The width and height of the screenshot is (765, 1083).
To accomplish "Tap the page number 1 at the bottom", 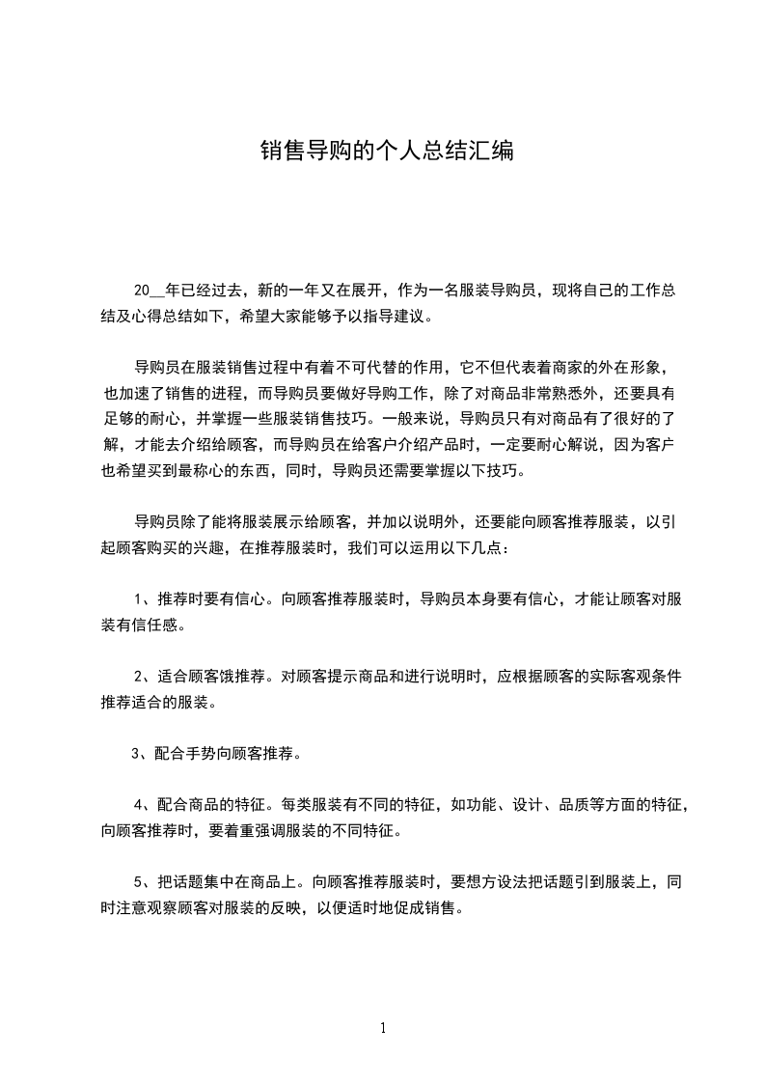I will pyautogui.click(x=383, y=1028).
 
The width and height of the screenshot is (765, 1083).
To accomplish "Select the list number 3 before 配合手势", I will pyautogui.click(x=135, y=753).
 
